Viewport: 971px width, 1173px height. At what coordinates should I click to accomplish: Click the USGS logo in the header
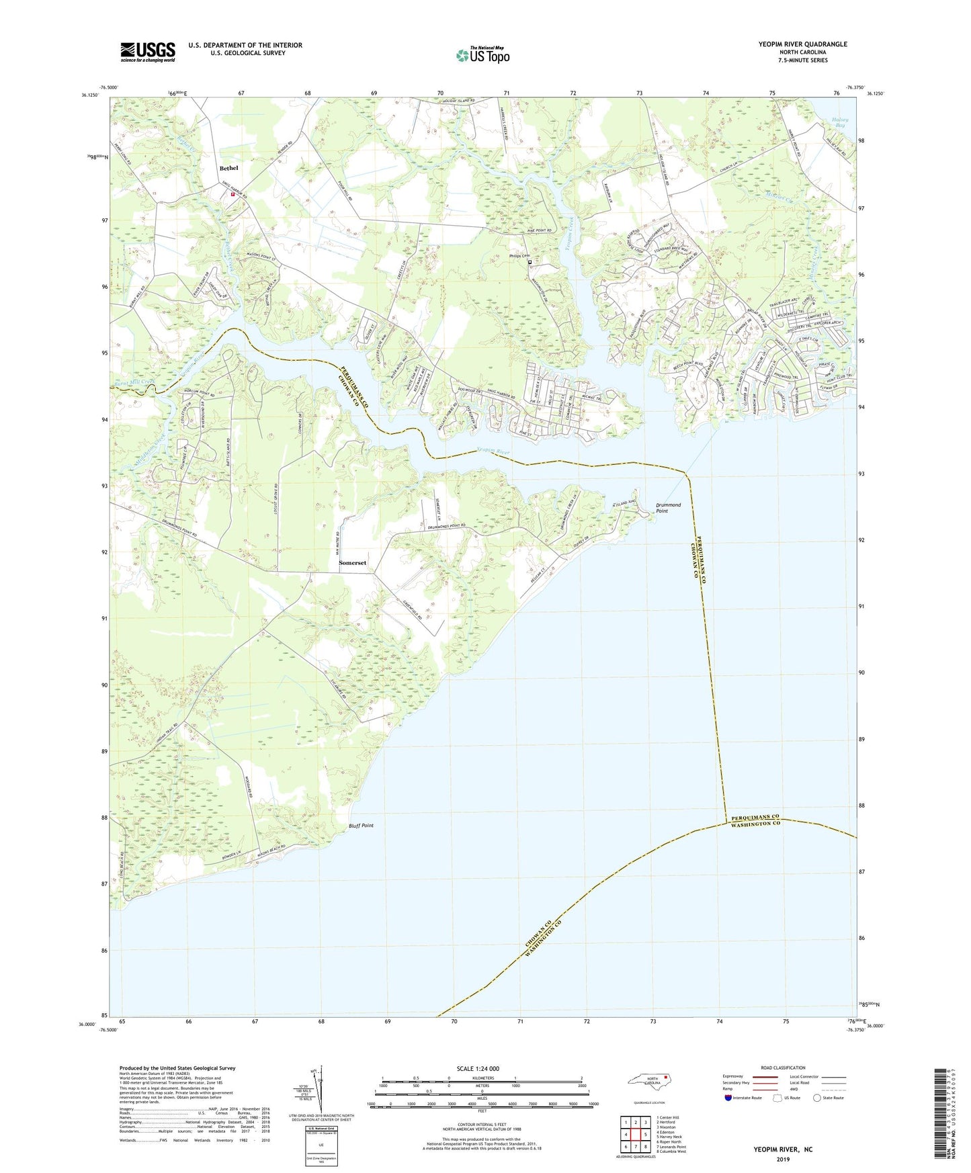coord(148,52)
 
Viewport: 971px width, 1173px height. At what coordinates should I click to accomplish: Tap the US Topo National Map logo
coord(482,55)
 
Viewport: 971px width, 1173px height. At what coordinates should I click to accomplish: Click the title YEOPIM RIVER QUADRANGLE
coord(802,44)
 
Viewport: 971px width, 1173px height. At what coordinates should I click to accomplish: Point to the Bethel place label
coord(229,168)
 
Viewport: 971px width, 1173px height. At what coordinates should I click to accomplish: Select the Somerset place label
coord(353,562)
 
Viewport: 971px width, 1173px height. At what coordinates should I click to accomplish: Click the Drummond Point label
coord(668,508)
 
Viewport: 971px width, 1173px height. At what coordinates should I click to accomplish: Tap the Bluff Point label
coord(361,826)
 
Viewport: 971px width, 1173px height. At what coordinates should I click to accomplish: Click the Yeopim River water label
coord(493,453)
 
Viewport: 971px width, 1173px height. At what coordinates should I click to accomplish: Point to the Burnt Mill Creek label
coord(134,382)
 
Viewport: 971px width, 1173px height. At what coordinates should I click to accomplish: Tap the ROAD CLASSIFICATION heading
coord(783,1068)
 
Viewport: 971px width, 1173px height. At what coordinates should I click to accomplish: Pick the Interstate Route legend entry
coord(743,1098)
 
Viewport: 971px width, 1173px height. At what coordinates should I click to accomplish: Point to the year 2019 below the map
coord(783,1159)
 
